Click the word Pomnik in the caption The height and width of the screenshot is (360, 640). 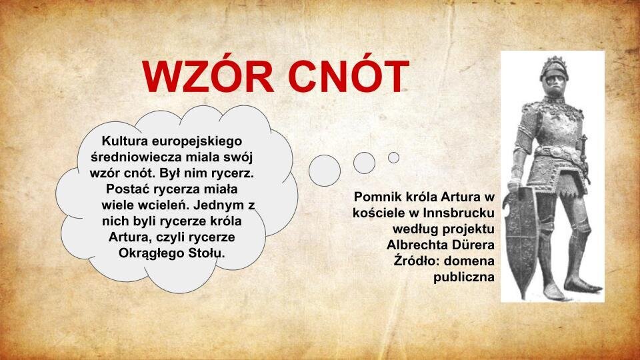[x=377, y=197]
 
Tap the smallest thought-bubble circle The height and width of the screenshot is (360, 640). [x=394, y=157]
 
